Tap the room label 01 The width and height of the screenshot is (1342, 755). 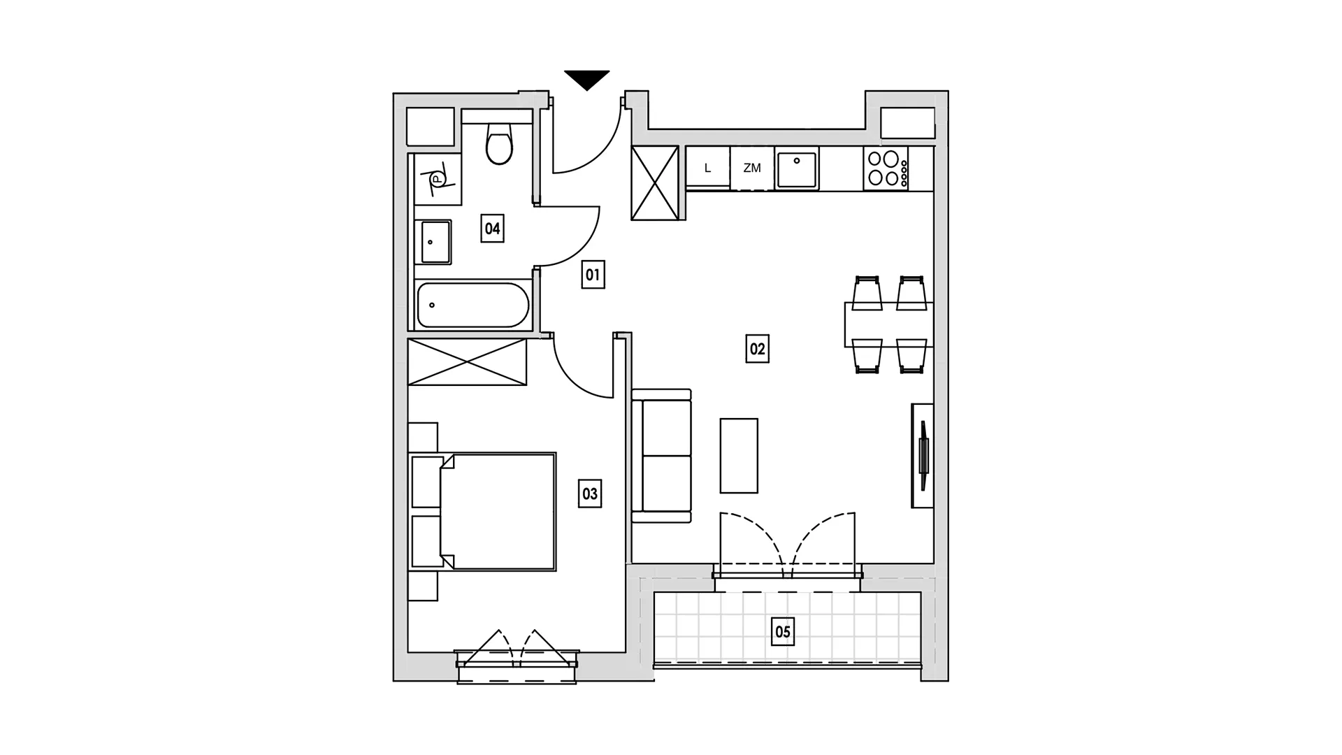tap(593, 275)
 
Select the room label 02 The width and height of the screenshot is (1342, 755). tap(757, 349)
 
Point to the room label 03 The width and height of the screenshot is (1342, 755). tap(590, 494)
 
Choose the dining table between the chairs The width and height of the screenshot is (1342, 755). tap(889, 324)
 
